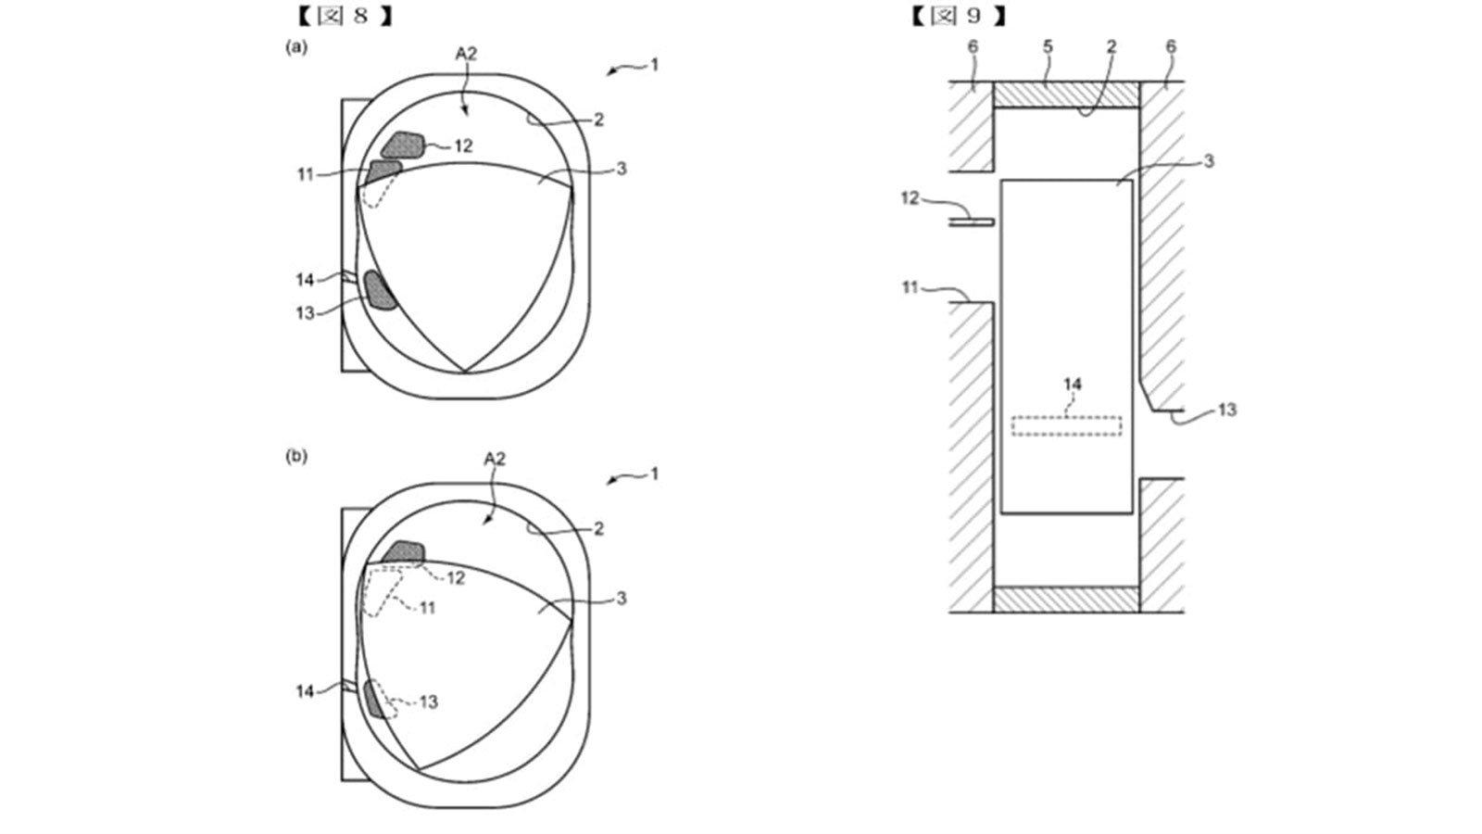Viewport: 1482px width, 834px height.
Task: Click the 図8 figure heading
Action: click(345, 16)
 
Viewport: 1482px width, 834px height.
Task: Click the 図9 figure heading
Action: click(958, 16)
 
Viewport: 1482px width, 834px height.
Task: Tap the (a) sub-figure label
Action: click(296, 47)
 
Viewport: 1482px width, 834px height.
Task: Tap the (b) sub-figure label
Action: click(296, 456)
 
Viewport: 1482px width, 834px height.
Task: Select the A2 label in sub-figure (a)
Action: click(467, 55)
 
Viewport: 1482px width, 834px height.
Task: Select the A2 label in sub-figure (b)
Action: click(495, 459)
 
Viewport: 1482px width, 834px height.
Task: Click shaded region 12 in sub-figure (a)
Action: click(403, 145)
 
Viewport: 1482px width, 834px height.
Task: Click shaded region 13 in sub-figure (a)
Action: click(379, 290)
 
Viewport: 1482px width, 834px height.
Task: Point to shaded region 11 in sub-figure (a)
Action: click(383, 171)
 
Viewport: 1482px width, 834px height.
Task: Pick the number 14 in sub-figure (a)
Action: click(305, 280)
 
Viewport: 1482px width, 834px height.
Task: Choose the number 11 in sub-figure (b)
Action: click(427, 607)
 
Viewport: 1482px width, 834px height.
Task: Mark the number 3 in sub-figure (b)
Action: click(621, 599)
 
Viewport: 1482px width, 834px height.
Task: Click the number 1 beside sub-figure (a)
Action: click(654, 65)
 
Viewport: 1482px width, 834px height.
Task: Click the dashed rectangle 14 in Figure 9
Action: click(1066, 425)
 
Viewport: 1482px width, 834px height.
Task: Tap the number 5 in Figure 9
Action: click(1048, 47)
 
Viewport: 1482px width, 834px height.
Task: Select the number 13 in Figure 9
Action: click(1227, 410)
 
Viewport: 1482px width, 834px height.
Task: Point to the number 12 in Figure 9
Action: click(911, 198)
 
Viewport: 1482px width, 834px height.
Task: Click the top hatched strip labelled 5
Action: click(1066, 94)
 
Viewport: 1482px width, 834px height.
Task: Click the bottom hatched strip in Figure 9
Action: click(1066, 599)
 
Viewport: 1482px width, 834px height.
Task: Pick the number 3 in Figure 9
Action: click(1209, 161)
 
